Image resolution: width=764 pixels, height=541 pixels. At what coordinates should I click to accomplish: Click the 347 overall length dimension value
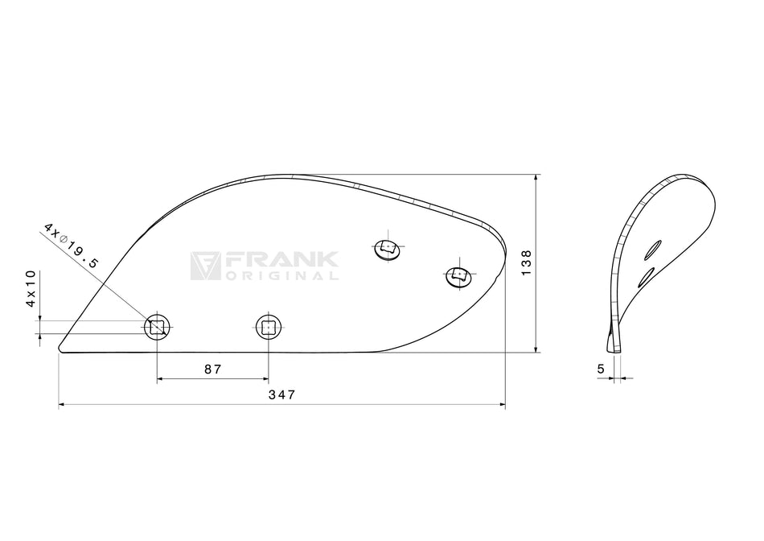[x=281, y=394]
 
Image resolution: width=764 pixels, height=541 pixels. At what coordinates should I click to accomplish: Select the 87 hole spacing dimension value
[x=212, y=370]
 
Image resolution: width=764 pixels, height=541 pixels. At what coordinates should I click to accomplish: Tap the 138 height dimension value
[x=526, y=263]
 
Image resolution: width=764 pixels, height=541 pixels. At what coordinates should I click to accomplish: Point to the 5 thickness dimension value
[x=600, y=370]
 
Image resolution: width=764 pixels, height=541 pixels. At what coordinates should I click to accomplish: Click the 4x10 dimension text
[x=31, y=288]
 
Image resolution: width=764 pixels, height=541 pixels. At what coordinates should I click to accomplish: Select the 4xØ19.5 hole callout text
[x=71, y=246]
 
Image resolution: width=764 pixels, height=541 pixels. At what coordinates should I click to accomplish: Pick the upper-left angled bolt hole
[x=388, y=249]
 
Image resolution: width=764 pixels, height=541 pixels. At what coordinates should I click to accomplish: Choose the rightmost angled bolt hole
[x=459, y=277]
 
